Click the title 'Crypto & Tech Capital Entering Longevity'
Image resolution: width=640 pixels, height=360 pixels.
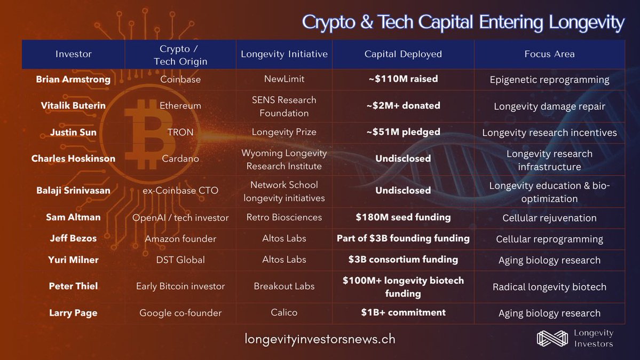[x=463, y=22]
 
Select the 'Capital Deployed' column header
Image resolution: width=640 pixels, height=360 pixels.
[x=403, y=54]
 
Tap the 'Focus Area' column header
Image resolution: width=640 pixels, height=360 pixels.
[x=549, y=54]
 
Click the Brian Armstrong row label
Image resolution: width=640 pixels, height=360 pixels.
[x=73, y=79]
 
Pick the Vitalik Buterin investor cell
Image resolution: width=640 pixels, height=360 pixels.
[x=73, y=106]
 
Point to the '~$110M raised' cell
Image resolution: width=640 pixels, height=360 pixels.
[x=403, y=79]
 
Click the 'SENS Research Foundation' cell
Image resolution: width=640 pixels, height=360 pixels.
[x=284, y=106]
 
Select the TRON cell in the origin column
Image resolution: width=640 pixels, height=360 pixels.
[x=180, y=132]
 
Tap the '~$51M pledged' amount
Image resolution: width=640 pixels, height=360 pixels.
[x=403, y=132]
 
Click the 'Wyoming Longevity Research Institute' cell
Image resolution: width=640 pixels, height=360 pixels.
[x=284, y=159]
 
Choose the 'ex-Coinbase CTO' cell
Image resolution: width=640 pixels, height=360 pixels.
[x=180, y=190]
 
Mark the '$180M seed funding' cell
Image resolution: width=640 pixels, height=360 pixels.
[x=403, y=217]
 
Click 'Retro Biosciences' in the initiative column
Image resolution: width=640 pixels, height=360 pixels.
[x=284, y=217]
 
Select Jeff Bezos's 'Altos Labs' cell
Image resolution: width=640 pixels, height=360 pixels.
[x=284, y=239]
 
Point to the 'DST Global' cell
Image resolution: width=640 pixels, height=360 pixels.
[x=180, y=260]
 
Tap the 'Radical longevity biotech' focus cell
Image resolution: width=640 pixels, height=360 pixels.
[x=549, y=287]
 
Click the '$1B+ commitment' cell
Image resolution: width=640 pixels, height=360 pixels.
[x=403, y=312]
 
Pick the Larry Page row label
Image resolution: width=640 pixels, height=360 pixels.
[x=73, y=313]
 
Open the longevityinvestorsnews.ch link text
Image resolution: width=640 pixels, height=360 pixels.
[x=320, y=339]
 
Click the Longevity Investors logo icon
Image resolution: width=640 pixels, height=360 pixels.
[x=552, y=338]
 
